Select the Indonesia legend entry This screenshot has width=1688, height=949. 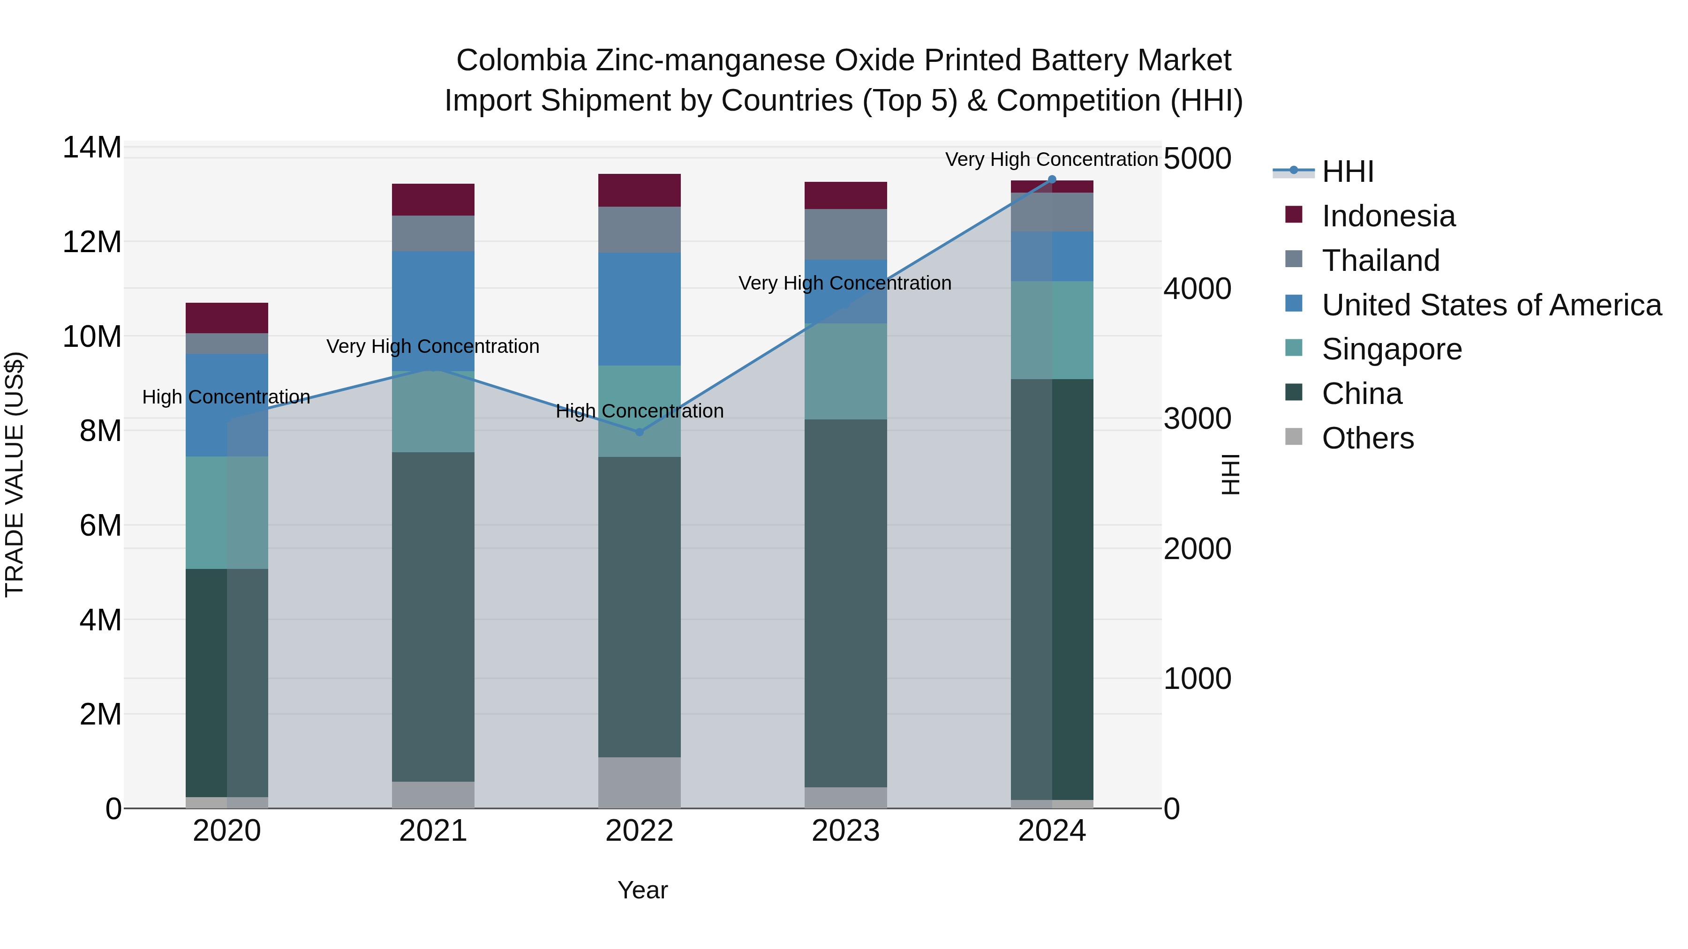(1388, 216)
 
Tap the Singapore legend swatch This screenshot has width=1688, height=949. (1294, 348)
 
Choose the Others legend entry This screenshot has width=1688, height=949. (1368, 438)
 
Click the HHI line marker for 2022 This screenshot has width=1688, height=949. (640, 432)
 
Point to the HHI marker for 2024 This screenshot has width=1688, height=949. (1052, 179)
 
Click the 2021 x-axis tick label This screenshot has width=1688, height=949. (433, 831)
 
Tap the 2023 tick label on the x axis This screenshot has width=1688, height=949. (845, 831)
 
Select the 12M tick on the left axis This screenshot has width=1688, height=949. (92, 242)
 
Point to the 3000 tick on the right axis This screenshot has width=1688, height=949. (1197, 419)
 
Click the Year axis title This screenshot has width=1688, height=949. (642, 890)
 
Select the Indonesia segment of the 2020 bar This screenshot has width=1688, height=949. (227, 318)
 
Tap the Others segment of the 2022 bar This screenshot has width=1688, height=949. (640, 783)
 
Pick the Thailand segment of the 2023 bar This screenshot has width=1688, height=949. (845, 234)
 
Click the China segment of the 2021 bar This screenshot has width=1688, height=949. (433, 616)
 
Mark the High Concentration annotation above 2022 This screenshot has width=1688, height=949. (640, 411)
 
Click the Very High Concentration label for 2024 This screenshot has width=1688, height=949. (1051, 159)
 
